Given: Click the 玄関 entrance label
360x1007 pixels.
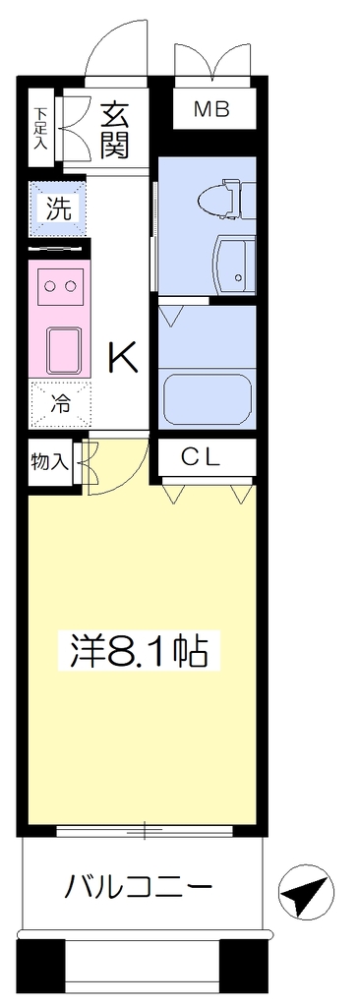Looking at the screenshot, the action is tap(116, 131).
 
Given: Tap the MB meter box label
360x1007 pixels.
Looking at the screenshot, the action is tap(212, 110).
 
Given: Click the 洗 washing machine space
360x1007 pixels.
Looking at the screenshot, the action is tap(57, 207).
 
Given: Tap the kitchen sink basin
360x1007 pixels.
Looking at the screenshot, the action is tap(64, 349).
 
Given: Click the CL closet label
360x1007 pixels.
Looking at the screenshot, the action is tap(201, 456).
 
